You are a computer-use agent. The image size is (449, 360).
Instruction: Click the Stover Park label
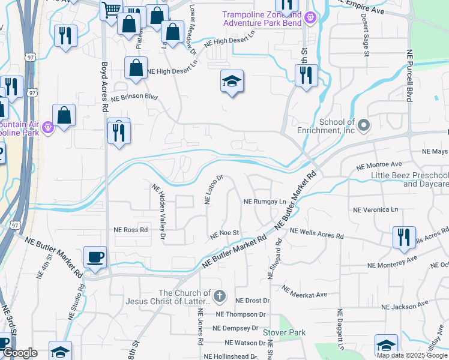pos(284,332)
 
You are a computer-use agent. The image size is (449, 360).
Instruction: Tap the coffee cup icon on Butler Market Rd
pos(95,258)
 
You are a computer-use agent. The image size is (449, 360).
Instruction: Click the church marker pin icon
pos(220,295)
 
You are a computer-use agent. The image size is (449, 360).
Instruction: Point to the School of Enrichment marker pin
pos(363,126)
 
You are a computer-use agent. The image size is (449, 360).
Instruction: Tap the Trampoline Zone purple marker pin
pos(310,19)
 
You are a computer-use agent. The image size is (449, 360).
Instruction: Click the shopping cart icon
pos(111,10)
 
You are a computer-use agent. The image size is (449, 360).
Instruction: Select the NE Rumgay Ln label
pos(265,202)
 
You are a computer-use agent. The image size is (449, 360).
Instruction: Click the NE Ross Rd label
pos(130,230)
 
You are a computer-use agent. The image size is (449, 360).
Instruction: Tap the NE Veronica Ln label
pos(376,210)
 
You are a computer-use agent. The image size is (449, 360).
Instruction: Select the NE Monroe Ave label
pos(379,164)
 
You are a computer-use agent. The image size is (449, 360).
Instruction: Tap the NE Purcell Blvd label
pos(411,76)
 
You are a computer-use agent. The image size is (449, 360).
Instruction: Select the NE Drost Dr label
pos(253,301)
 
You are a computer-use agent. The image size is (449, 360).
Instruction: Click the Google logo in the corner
pos(19,353)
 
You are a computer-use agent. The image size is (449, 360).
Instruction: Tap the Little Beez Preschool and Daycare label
pos(408,179)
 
